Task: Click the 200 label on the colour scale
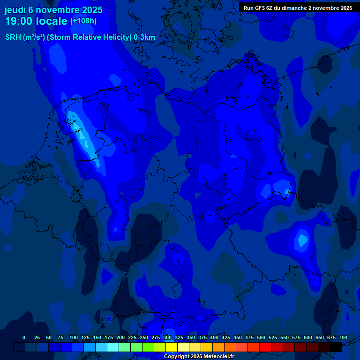coord(120,337)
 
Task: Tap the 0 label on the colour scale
coord(24,337)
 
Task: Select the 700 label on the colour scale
coord(343,337)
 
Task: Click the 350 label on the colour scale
coord(191,337)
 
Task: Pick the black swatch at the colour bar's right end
coord(336,347)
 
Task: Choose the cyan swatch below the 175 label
coord(113,347)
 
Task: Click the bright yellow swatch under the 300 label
coord(172,347)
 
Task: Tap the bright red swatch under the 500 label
coord(265,347)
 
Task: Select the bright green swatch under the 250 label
coord(148,347)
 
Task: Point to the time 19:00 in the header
coord(21,22)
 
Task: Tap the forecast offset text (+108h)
coord(83,21)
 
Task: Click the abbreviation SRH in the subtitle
coord(13,37)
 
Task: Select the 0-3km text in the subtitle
coord(144,37)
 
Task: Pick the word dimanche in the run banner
coord(294,8)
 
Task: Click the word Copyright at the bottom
coord(176,356)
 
